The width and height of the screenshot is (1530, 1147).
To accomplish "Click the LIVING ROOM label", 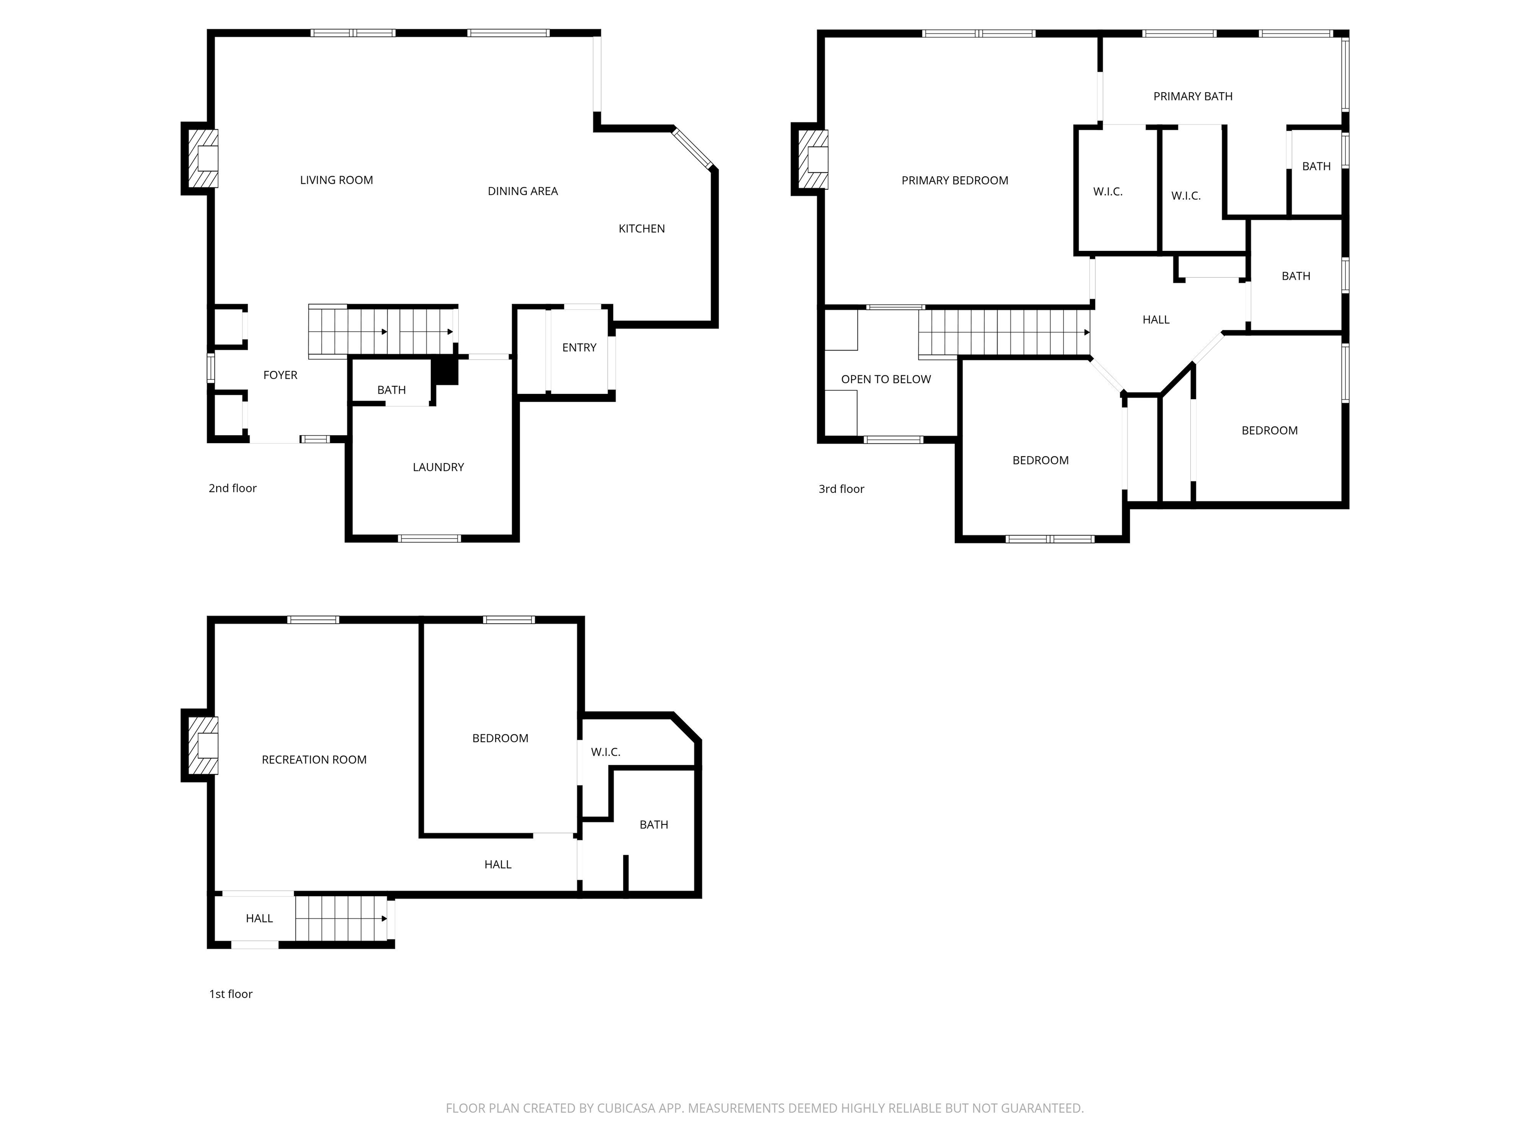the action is click(336, 180).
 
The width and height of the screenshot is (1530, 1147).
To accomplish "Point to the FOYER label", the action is click(280, 375).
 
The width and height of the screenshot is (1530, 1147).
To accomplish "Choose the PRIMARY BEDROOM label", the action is click(955, 180).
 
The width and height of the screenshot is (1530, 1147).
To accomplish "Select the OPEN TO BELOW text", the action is click(886, 379).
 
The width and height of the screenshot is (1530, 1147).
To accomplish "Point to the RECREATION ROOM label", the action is click(314, 760).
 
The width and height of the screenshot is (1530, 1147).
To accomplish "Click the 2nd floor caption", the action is click(233, 488).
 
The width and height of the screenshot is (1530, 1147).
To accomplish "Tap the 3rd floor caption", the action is click(841, 489).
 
